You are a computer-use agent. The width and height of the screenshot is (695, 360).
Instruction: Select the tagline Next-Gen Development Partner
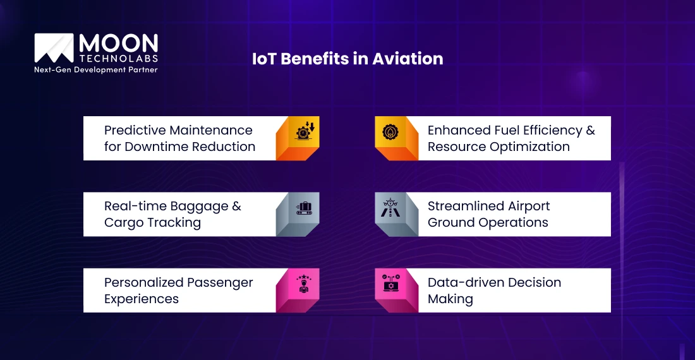pyautogui.click(x=95, y=69)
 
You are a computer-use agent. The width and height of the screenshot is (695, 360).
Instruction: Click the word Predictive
pyautogui.click(x=134, y=130)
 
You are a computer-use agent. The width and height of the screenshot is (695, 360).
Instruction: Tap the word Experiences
pyautogui.click(x=142, y=299)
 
